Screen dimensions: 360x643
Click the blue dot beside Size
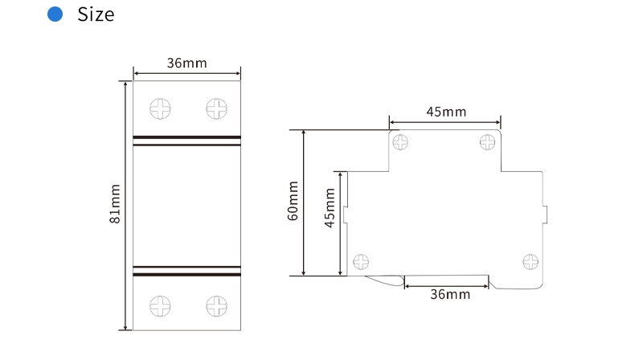55,14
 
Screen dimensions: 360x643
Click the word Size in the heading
96,14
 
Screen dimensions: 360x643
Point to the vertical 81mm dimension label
115,204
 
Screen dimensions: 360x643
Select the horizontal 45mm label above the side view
445,112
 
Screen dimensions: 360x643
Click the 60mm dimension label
293,201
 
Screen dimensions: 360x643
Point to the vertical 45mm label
330,208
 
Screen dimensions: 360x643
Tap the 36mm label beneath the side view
449,295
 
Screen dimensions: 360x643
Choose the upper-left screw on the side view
399,142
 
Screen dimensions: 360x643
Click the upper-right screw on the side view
488,142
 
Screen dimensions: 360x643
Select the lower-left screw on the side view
362,261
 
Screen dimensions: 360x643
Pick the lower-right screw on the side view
530,261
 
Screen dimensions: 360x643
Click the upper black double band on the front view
186,141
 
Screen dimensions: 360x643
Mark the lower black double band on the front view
186,271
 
